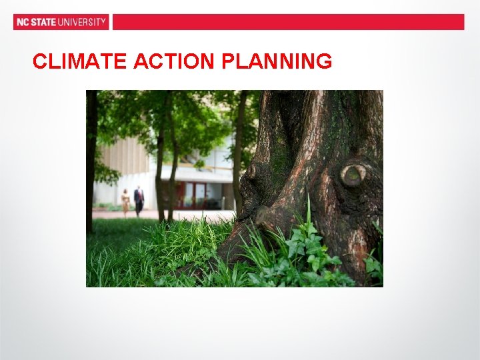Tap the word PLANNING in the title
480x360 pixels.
click(277, 62)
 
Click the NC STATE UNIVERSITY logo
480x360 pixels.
click(61, 22)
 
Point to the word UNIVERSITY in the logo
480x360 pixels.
click(83, 22)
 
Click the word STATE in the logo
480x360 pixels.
click(43, 22)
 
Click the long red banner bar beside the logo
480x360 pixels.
click(288, 22)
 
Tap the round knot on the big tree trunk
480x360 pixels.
click(353, 175)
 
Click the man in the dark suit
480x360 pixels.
click(139, 199)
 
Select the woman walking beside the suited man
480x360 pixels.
click(125, 201)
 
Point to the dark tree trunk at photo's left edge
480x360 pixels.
click(91, 160)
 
